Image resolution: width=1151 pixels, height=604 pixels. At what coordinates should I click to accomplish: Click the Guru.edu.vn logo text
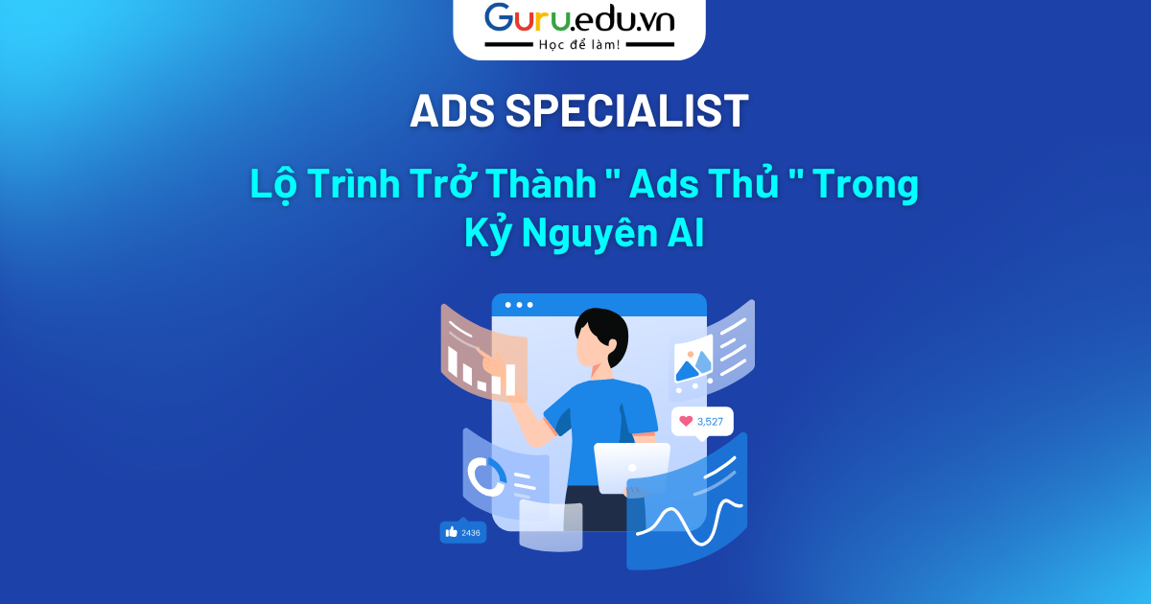tap(579, 19)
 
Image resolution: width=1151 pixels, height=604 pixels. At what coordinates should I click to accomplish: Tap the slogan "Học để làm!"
tap(579, 45)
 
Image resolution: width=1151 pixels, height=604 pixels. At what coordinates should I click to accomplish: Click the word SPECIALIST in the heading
tap(627, 110)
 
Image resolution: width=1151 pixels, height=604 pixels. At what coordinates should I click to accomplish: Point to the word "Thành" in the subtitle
tap(541, 183)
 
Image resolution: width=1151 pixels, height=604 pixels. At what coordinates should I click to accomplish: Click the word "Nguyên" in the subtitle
tap(590, 234)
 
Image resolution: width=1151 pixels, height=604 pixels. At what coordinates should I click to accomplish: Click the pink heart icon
tap(686, 421)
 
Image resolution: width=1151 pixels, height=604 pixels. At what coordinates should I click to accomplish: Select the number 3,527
tap(710, 422)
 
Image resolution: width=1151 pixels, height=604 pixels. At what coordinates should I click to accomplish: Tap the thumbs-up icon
tap(451, 532)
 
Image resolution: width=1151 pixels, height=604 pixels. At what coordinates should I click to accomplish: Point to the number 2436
tap(471, 533)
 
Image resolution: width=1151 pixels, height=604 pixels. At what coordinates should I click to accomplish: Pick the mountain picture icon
tap(693, 359)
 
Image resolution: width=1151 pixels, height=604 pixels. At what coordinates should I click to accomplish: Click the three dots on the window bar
tap(519, 305)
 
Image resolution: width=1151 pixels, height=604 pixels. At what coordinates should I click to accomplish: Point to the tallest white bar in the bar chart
tap(510, 380)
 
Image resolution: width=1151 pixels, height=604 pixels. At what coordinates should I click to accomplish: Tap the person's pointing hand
tap(491, 362)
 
